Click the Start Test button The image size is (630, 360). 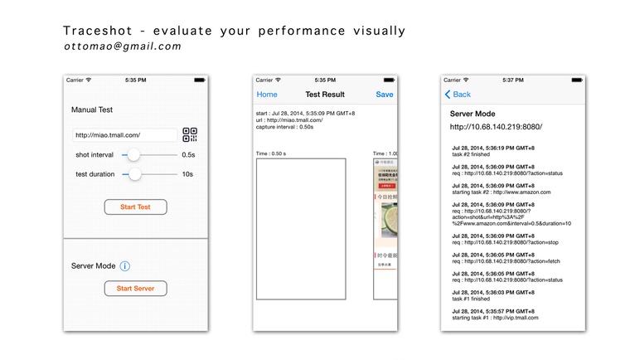click(135, 207)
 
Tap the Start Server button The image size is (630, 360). click(135, 289)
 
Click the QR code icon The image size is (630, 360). click(190, 135)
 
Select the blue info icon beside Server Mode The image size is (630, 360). click(124, 266)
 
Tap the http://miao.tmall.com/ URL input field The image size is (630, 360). click(124, 135)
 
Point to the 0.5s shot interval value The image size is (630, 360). click(188, 155)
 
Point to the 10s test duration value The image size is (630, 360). click(188, 174)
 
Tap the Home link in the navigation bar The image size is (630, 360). click(267, 95)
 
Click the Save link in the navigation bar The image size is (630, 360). click(385, 95)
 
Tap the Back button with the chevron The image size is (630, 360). click(458, 95)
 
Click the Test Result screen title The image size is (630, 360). click(325, 95)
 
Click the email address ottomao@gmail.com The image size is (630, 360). click(122, 46)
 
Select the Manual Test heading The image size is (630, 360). click(92, 109)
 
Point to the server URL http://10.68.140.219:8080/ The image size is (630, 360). click(496, 127)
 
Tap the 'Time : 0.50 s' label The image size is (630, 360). click(272, 153)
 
